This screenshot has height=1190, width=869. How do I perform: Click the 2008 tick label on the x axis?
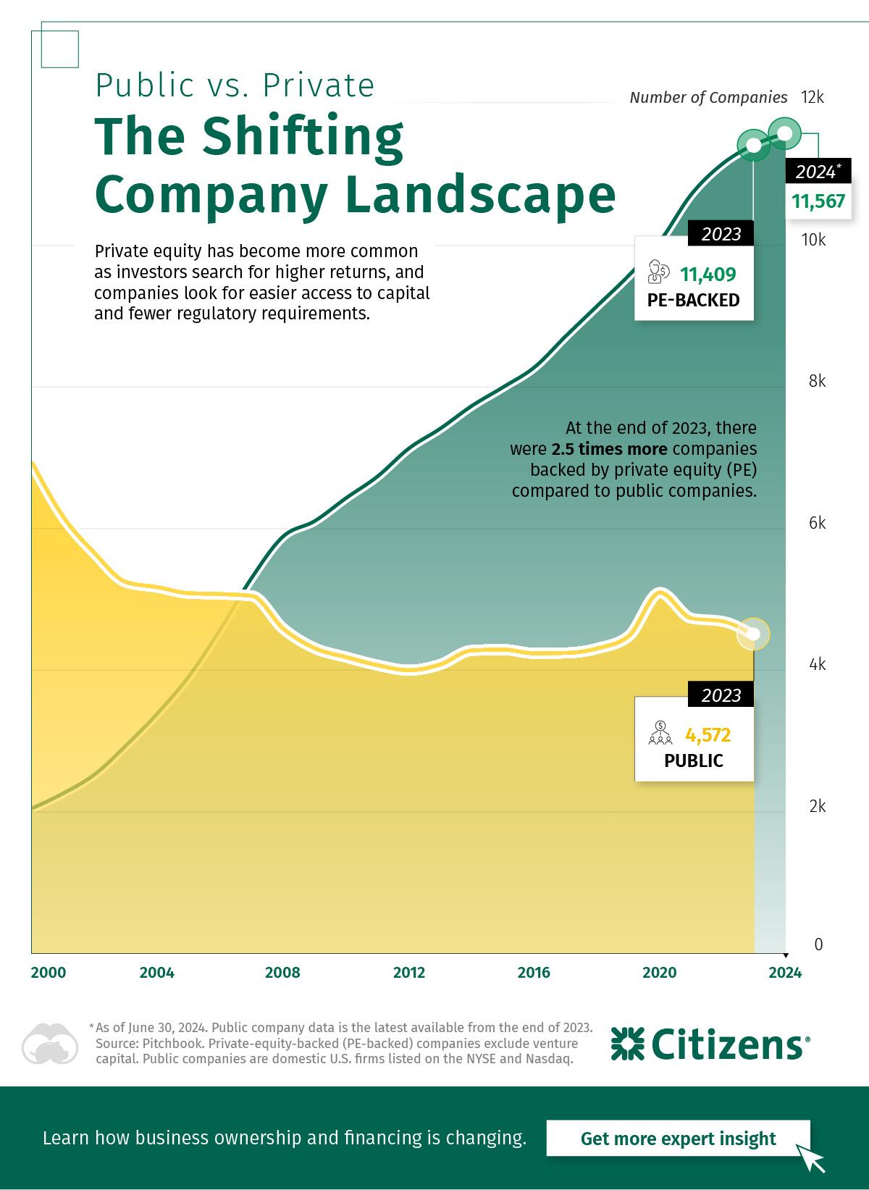tap(282, 972)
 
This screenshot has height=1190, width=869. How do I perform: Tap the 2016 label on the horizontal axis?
tap(534, 972)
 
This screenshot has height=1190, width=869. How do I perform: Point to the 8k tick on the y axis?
tap(817, 381)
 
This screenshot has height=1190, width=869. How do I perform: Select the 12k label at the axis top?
tap(813, 97)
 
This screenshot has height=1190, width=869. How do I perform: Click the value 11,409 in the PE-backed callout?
tap(708, 275)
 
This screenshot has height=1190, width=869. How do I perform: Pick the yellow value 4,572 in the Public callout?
tap(708, 735)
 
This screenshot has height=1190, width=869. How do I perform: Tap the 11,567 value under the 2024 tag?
tap(818, 201)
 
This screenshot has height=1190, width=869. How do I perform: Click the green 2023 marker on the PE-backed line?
tap(753, 146)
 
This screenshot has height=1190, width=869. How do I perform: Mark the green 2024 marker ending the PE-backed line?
tap(784, 133)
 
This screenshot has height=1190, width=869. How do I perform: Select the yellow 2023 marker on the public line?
tap(753, 634)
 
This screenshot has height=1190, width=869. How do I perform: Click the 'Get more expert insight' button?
tap(678, 1139)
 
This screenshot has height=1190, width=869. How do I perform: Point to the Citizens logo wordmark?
tap(710, 1044)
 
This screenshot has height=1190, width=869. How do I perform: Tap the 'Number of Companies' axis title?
tap(708, 97)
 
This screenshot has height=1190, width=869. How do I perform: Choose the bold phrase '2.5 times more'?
tap(609, 449)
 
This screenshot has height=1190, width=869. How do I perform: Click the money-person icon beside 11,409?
tap(658, 272)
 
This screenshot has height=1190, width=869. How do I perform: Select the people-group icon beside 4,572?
tap(660, 734)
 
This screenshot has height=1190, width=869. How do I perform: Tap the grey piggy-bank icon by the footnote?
tap(49, 1044)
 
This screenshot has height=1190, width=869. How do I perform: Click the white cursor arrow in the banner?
tap(811, 1157)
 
